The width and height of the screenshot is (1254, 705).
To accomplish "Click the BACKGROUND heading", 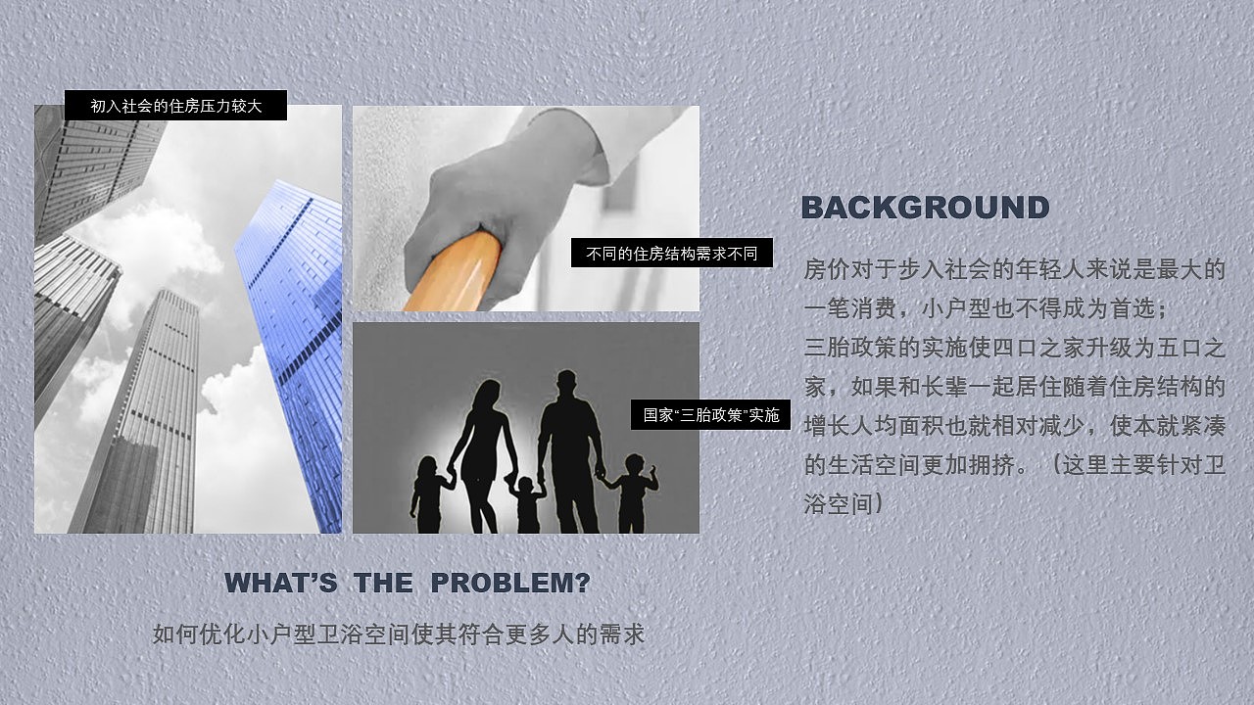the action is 926,208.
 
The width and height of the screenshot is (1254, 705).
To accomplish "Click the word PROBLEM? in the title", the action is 510,583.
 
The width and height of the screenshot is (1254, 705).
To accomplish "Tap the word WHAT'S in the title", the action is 281,583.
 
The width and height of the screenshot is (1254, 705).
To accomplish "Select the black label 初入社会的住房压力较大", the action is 175,105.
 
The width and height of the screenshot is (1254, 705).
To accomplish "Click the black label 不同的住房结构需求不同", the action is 672,253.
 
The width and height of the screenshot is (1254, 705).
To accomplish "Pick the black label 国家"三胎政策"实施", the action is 711,414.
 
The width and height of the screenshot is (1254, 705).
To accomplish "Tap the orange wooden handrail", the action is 454,273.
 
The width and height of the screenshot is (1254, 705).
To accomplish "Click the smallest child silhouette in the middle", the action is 526,503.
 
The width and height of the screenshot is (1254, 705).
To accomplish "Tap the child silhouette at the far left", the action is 430,494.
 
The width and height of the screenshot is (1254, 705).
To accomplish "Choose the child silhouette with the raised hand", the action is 632,493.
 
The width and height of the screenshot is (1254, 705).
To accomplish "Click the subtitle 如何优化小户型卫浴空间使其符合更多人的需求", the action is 399,634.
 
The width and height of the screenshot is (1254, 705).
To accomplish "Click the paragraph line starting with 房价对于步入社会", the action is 1014,269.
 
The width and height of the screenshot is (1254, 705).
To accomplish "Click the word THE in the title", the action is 383,583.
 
